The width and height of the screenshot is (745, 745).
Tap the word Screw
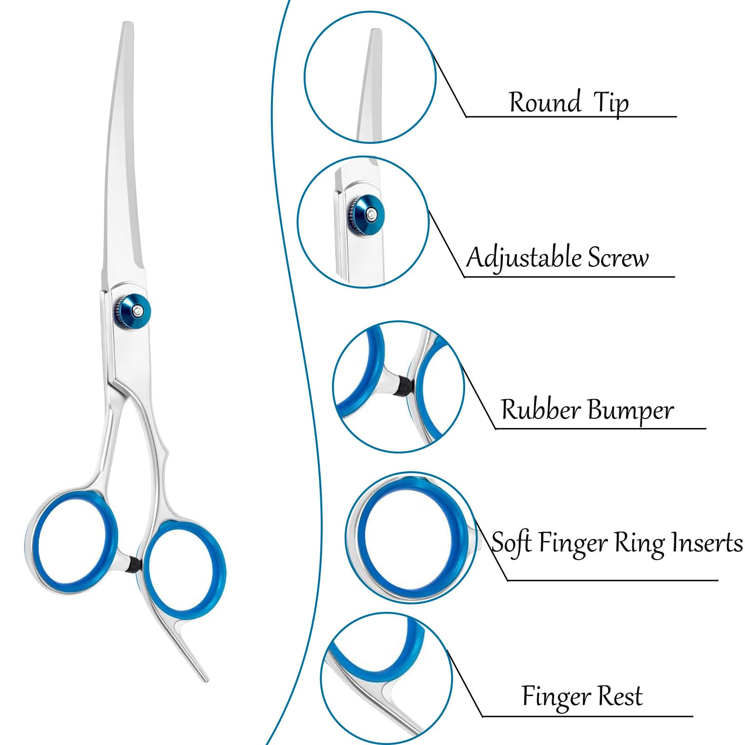[618, 257]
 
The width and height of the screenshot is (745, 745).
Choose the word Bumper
[630, 411]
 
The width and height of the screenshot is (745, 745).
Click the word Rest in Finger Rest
[620, 697]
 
